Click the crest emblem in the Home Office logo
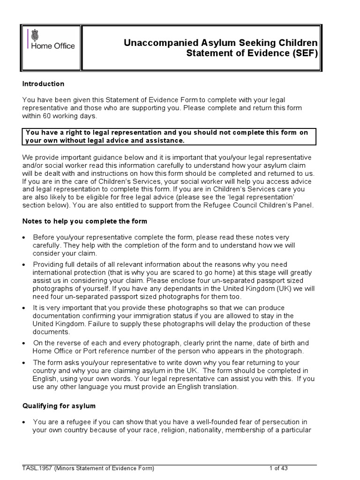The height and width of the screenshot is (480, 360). pyautogui.click(x=36, y=35)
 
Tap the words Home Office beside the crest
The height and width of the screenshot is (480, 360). pyautogui.click(x=53, y=46)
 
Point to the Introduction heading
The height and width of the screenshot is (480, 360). pyautogui.click(x=44, y=84)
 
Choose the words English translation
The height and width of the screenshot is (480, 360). pyautogui.click(x=213, y=387)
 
